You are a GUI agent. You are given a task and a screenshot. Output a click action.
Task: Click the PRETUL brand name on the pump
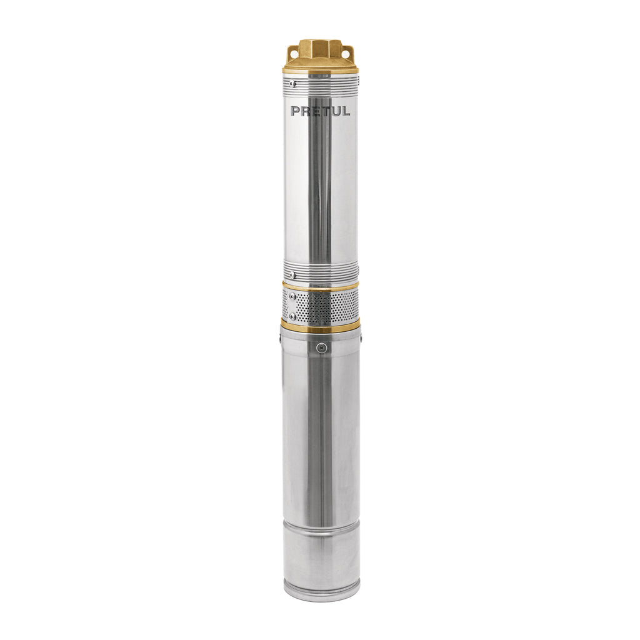click(321, 111)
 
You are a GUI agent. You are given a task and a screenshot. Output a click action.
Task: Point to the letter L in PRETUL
click(346, 111)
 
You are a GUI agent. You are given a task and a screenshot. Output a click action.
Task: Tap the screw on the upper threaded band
click(292, 84)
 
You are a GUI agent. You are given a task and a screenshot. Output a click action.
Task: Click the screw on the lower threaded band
click(291, 274)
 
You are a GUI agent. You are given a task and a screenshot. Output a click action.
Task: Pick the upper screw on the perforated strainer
click(292, 296)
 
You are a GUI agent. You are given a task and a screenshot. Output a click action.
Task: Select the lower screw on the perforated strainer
click(292, 316)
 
